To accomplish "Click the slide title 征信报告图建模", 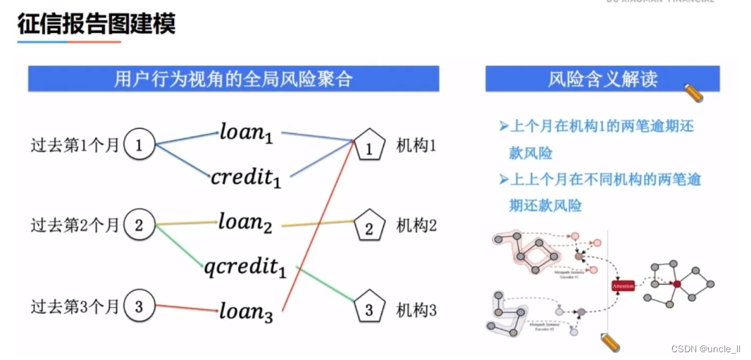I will [97, 24].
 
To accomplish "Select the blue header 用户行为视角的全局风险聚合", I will [233, 78].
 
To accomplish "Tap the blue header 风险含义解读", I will [602, 79].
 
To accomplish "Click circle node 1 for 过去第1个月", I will [139, 146].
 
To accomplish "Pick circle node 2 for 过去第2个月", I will [139, 225].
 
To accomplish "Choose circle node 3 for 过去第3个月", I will [139, 307].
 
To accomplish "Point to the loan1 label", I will [246, 132].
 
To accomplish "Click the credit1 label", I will [246, 177].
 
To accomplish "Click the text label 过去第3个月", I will [75, 307].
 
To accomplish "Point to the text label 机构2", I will [416, 225].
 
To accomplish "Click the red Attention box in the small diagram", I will [623, 285].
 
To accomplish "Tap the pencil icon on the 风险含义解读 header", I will [694, 92].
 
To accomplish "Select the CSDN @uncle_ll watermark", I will [706, 349].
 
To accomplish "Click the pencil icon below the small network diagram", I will [610, 343].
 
